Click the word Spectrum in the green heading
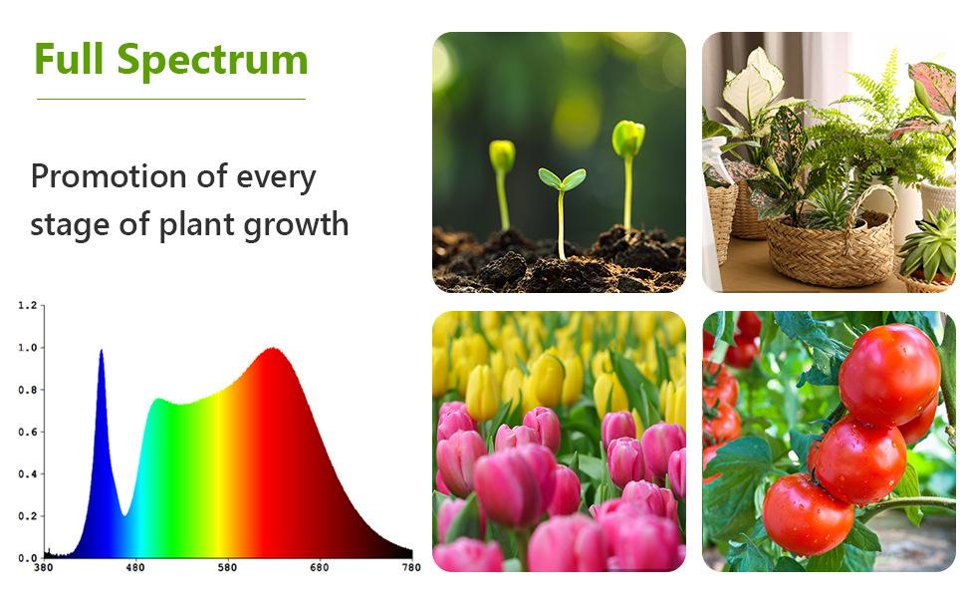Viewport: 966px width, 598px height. tap(212, 62)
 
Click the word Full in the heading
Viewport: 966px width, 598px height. tap(69, 59)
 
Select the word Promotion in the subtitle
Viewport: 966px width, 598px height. tap(109, 176)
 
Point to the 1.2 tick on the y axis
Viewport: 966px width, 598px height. tap(27, 305)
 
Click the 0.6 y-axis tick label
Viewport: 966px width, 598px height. tap(27, 433)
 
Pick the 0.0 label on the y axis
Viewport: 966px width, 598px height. tap(27, 558)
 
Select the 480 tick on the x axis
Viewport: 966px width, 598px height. tap(134, 567)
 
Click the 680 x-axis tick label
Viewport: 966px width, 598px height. tap(319, 567)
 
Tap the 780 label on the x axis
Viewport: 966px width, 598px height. tap(411, 567)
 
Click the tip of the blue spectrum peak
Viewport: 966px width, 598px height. tap(101, 350)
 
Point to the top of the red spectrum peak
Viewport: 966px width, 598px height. tap(272, 349)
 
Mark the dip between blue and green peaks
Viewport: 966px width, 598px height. tap(124, 514)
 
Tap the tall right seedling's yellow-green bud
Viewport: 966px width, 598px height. tap(628, 138)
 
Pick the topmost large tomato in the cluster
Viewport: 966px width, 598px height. tap(889, 375)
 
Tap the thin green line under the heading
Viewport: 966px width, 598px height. tap(171, 99)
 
